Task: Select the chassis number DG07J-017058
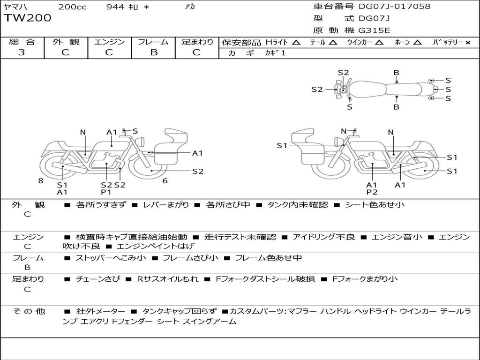coord(394,7)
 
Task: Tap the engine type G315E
coord(374,31)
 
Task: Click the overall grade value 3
coord(22,52)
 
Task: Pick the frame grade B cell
coord(153,52)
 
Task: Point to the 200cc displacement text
coord(72,7)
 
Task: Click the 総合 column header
coord(22,42)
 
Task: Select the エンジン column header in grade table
coord(109,42)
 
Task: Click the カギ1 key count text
coord(275,53)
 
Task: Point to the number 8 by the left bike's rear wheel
coord(41,180)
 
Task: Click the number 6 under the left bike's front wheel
coord(165,180)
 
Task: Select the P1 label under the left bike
coord(106,192)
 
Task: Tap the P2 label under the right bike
coord(372,192)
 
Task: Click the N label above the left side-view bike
coord(83,132)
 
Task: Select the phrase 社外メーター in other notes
coord(100,311)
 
